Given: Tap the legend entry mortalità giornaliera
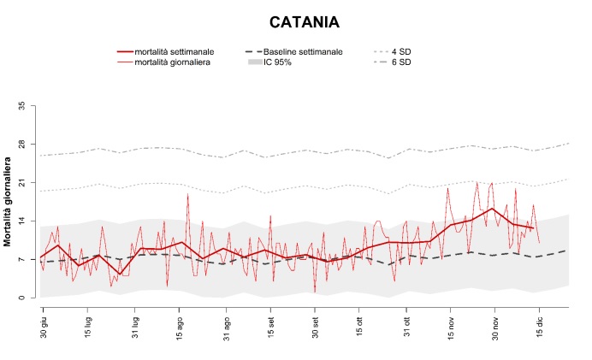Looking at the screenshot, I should [x=178, y=62].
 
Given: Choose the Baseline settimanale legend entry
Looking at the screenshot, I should [x=302, y=52].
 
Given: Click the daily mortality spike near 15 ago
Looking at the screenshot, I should [x=187, y=194].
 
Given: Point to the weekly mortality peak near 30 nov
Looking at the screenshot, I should [x=492, y=208].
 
